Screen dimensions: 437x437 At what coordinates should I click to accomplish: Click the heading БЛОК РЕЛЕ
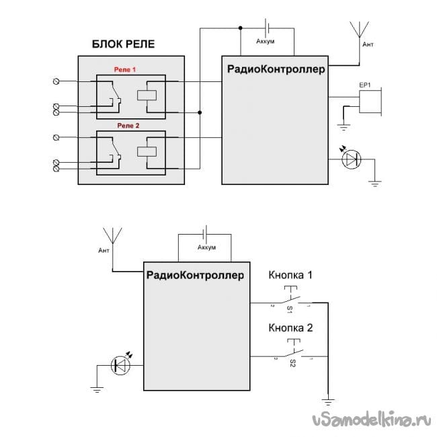(123, 46)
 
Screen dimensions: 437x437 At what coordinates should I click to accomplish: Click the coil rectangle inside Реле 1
(147, 95)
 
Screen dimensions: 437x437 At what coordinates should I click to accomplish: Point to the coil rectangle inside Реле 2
(147, 151)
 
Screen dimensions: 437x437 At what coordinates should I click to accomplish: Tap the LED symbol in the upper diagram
(351, 159)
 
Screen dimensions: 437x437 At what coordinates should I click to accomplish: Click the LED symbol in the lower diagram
(122, 365)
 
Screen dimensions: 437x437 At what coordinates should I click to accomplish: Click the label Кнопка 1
(290, 275)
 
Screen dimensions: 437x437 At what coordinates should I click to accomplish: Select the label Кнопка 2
(290, 329)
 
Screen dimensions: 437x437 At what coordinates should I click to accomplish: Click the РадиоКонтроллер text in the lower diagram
(195, 274)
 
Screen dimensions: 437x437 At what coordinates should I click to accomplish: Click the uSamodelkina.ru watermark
(370, 420)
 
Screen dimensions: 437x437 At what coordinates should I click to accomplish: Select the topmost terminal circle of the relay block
(56, 81)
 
